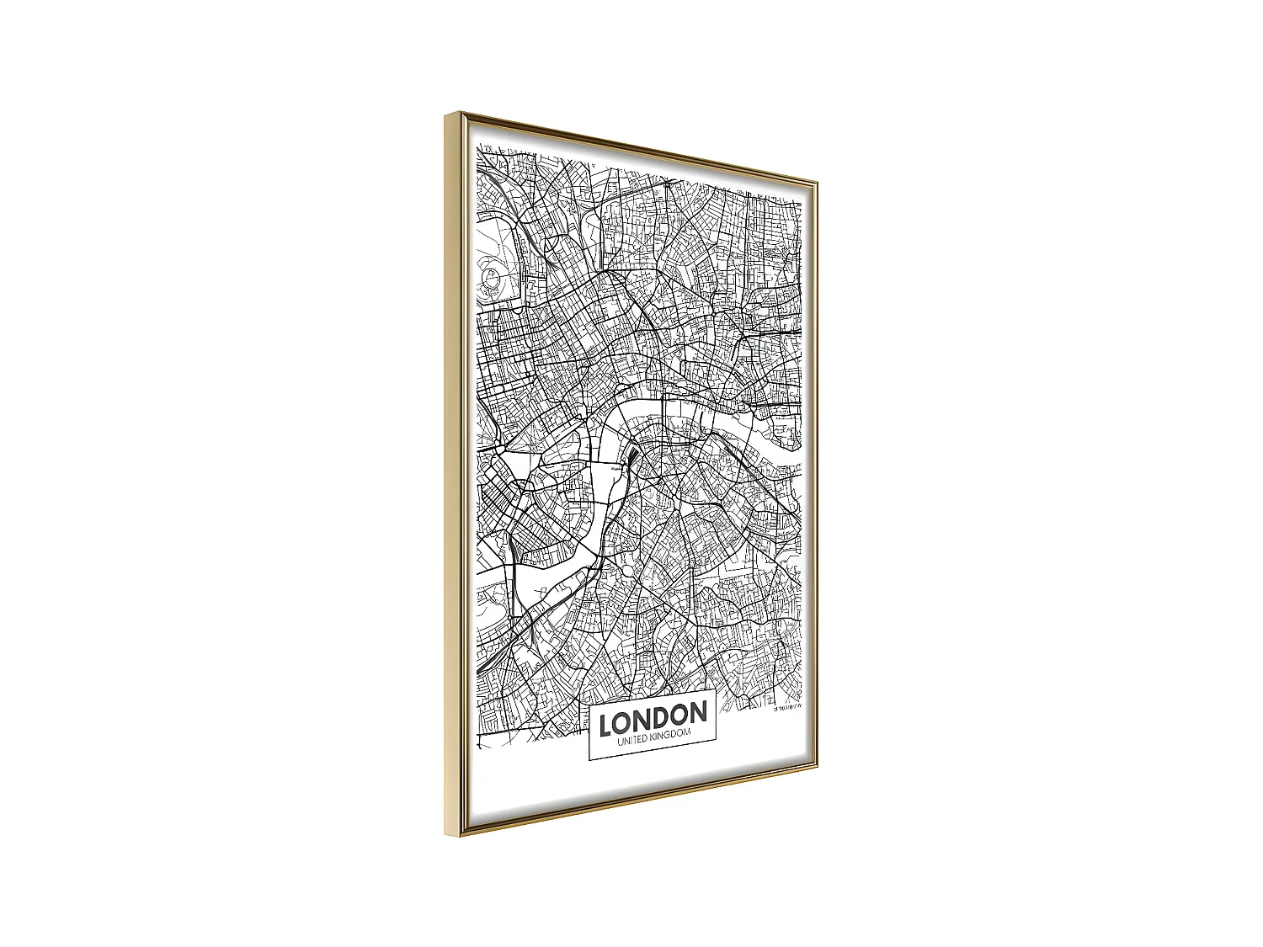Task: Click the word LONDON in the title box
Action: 653,717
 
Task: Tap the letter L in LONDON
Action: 605,723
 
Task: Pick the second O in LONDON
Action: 679,715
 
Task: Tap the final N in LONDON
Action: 697,713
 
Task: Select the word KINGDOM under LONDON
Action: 669,735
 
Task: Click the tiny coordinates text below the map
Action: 789,707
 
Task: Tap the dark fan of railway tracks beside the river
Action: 631,460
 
